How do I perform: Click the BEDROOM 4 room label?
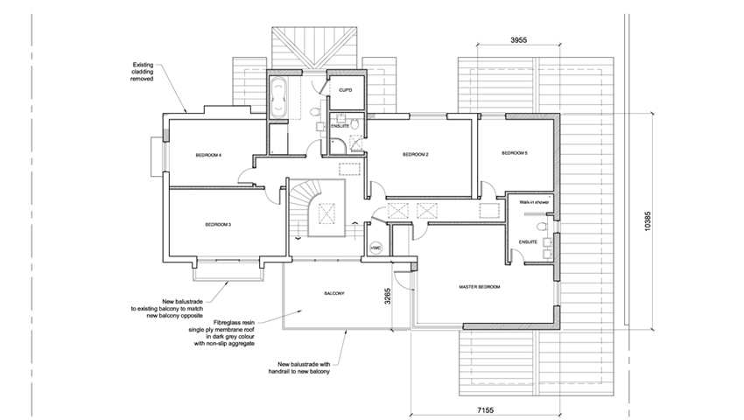coord(208,155)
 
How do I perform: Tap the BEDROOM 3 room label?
coord(218,225)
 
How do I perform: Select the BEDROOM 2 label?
coord(415,154)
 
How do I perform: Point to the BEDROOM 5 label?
coord(515,153)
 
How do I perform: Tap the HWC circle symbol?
coord(377,248)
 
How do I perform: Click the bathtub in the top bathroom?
coord(277,102)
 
